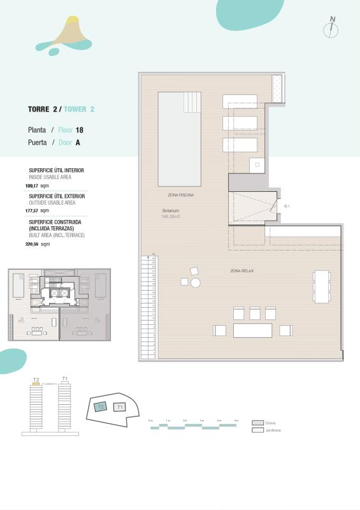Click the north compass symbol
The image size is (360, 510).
coord(331,28)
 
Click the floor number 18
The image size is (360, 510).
coord(80,130)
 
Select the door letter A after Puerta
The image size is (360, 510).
coord(78,143)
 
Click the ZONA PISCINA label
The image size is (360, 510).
coord(180,194)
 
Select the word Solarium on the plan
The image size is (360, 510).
coord(170,210)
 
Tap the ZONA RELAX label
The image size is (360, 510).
coord(242,271)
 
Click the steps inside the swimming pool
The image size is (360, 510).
coord(192,101)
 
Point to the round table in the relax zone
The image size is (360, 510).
coord(196,282)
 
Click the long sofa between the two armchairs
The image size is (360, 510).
coord(252,330)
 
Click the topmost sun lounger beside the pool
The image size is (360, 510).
coord(240,101)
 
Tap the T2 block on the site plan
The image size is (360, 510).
coord(101,407)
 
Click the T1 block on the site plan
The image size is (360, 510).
coord(120,407)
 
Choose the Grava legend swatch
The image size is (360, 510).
coord(257,423)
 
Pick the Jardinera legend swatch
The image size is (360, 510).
coord(257,430)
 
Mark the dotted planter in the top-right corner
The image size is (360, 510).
coord(278,88)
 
